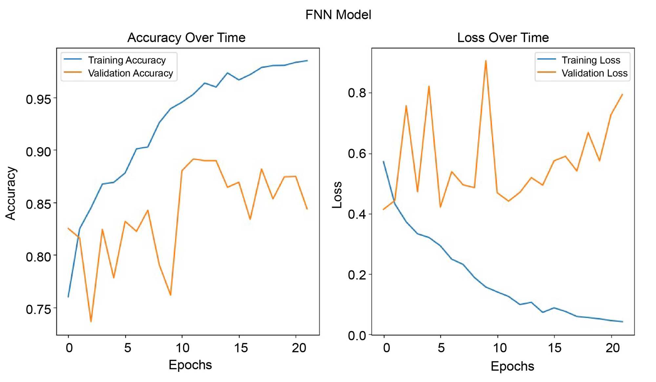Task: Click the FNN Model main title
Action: (x=338, y=15)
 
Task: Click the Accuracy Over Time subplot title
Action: (x=186, y=37)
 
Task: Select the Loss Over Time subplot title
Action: (x=503, y=37)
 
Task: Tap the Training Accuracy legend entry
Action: (x=127, y=60)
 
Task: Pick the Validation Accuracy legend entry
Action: (x=130, y=73)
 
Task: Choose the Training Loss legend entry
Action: (x=591, y=60)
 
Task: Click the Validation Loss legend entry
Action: (x=594, y=73)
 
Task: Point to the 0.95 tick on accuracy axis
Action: (x=39, y=99)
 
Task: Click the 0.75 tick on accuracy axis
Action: (x=39, y=309)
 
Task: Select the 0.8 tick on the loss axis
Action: (x=357, y=93)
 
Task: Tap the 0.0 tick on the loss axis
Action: (x=357, y=335)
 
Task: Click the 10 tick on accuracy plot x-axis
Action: (x=182, y=348)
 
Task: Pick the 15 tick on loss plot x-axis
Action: (x=555, y=348)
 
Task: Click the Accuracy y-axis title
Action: (x=10, y=193)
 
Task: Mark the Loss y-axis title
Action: (x=337, y=195)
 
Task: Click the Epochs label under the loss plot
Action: (x=512, y=366)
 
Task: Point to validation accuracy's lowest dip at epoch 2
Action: (x=91, y=321)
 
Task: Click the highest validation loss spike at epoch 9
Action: (x=486, y=61)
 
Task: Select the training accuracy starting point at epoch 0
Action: (x=68, y=297)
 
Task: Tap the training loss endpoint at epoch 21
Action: (x=622, y=322)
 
